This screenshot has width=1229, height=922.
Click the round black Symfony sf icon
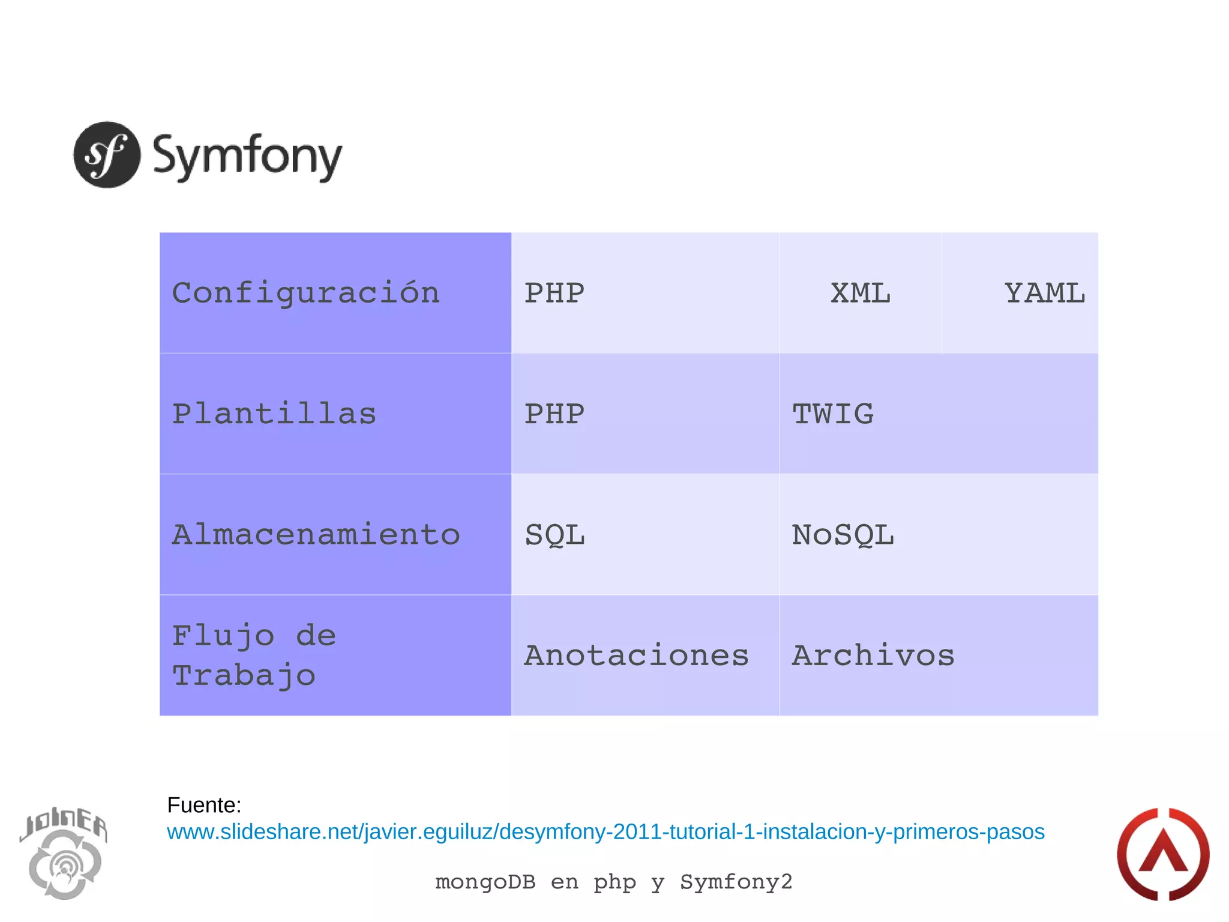coord(107,155)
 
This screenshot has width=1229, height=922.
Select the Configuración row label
coord(306,293)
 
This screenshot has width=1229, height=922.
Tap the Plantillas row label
coord(274,414)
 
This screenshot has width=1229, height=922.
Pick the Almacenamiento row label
coord(316,534)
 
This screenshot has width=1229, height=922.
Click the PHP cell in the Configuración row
coord(554,293)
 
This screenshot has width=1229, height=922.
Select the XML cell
coord(860,293)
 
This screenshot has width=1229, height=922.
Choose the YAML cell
coord(1045,293)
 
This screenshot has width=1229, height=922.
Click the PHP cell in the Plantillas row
coord(554,414)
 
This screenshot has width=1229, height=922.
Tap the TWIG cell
coord(833,414)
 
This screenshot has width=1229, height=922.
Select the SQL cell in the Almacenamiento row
coord(554,534)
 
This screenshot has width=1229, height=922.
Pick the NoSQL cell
coord(843,534)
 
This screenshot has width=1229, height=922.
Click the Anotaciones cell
coord(637,655)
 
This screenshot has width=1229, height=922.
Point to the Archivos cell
coord(873,655)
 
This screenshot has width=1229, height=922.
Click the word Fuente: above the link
coord(204,805)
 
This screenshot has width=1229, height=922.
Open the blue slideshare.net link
coord(605,832)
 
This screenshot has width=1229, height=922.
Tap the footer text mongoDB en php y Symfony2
coord(614,882)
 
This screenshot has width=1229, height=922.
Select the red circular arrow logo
coord(1162,854)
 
